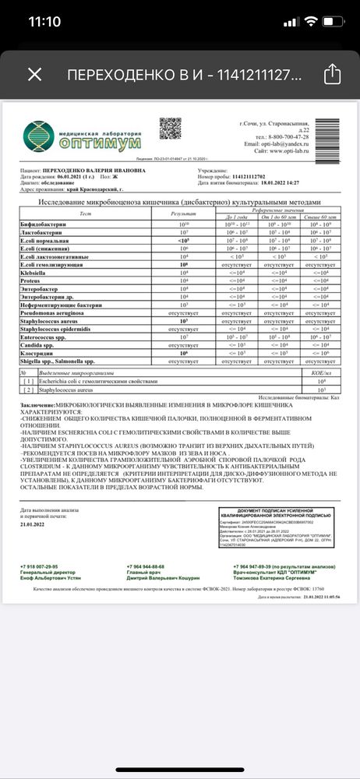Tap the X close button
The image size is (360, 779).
(34, 75)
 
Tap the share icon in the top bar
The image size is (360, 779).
(331, 74)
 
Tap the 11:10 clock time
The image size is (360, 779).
(44, 21)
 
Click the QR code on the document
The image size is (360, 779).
(171, 128)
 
